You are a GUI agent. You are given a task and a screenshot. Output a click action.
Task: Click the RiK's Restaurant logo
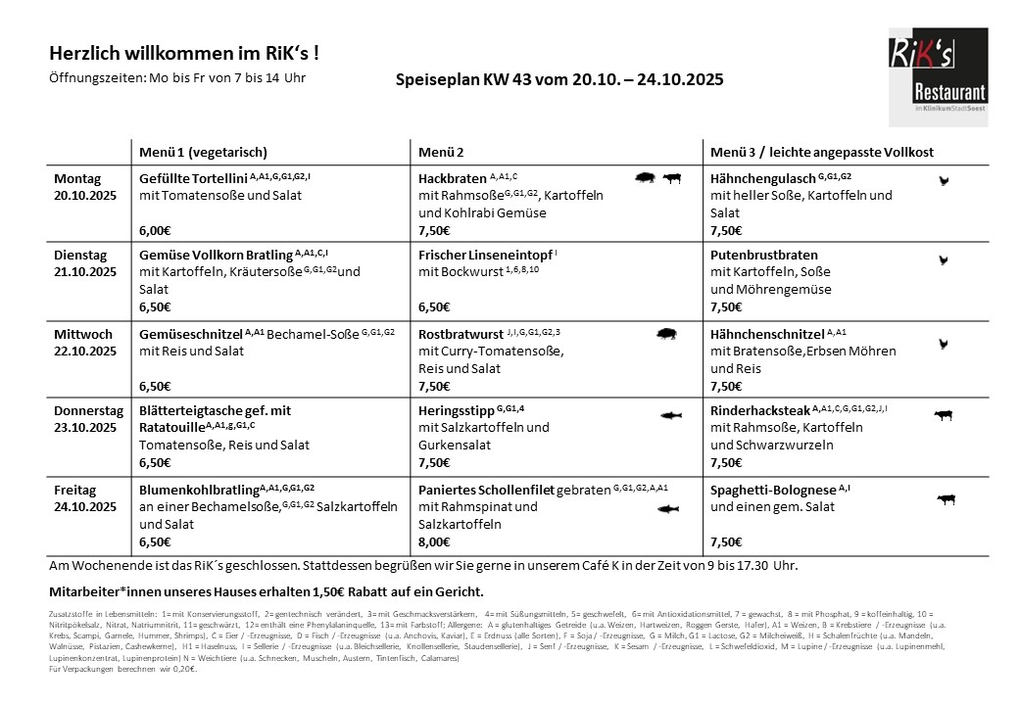click(x=938, y=77)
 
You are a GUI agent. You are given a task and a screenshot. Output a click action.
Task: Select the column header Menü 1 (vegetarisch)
click(x=204, y=153)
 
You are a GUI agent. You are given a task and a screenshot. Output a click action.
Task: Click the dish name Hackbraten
click(x=452, y=179)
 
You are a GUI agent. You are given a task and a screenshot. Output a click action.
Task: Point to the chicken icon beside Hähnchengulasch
click(x=944, y=180)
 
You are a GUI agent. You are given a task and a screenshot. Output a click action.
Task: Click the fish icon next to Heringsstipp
click(x=669, y=415)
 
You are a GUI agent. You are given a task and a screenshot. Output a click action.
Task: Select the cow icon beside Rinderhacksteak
click(x=944, y=415)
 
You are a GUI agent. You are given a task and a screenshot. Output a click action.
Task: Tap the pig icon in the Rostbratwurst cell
click(x=667, y=335)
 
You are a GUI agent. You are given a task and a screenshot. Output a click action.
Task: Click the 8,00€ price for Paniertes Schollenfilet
click(x=434, y=541)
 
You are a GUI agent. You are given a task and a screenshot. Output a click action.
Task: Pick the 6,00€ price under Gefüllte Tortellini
click(x=156, y=231)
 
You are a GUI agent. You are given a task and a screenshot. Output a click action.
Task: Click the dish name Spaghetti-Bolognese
click(x=773, y=490)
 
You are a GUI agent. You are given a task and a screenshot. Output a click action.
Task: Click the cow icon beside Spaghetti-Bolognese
click(x=946, y=499)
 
